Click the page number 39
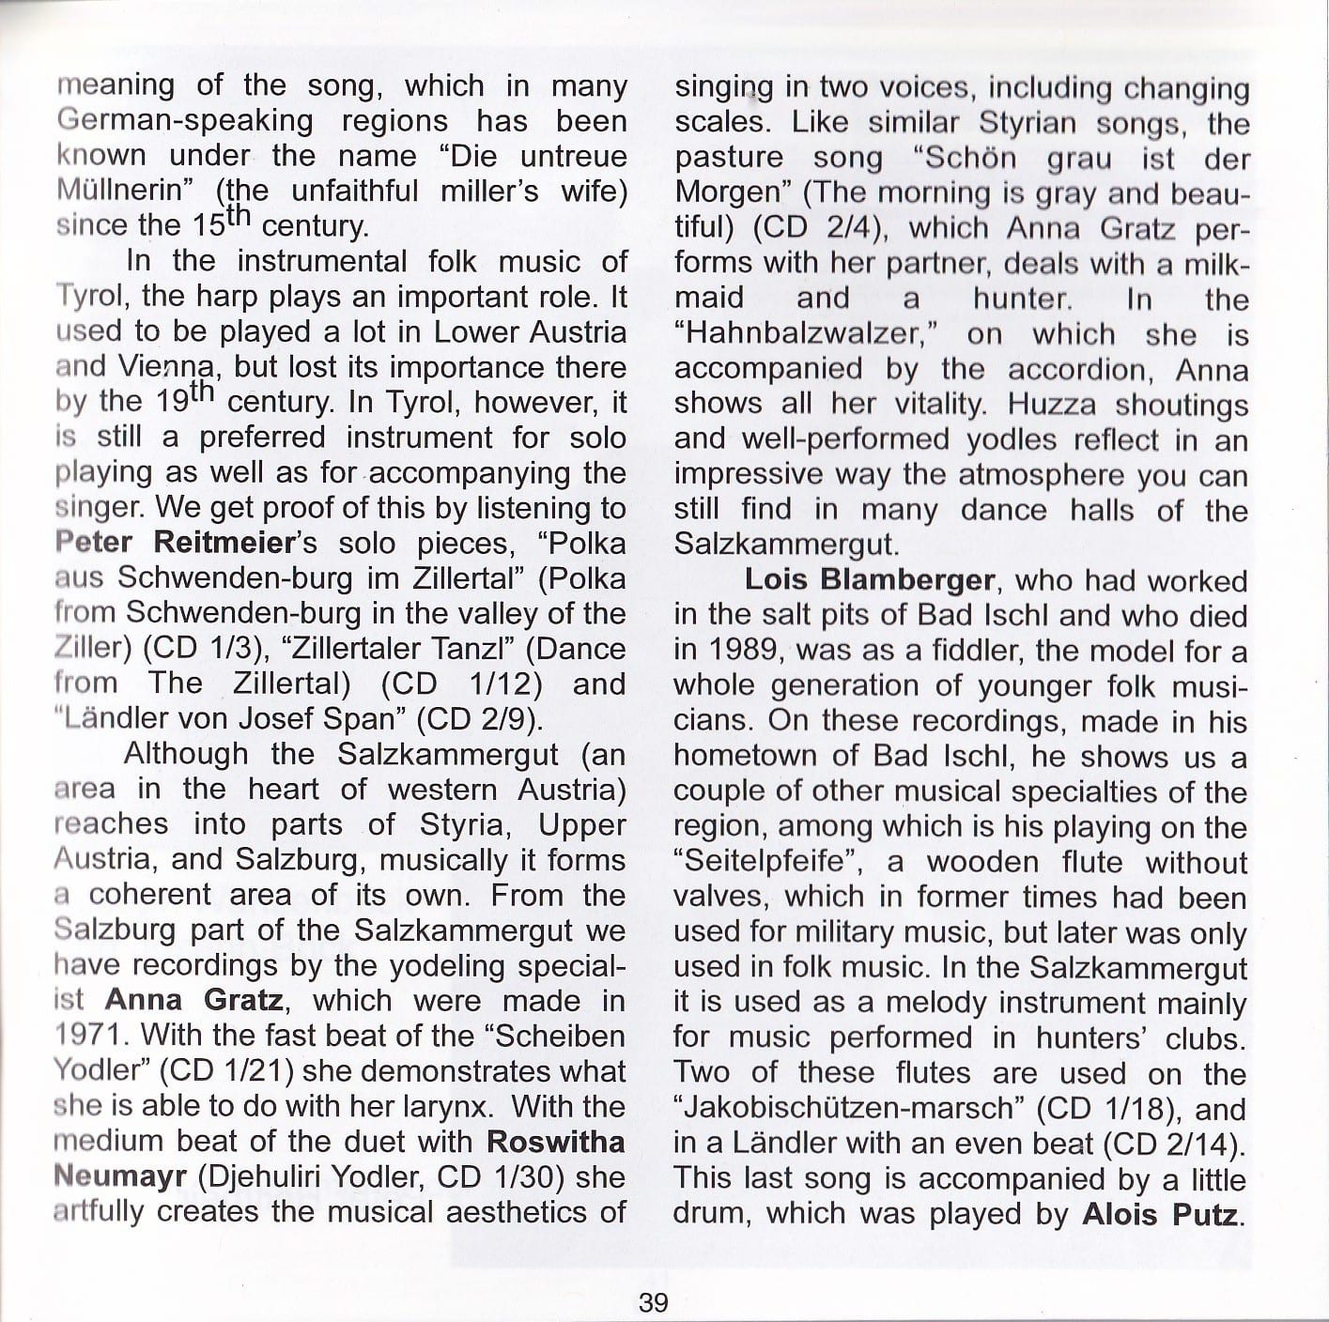(653, 1302)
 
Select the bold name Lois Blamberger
(869, 579)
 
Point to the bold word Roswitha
(556, 1142)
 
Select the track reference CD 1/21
(232, 1071)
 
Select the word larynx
(444, 1106)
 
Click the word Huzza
(1053, 405)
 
